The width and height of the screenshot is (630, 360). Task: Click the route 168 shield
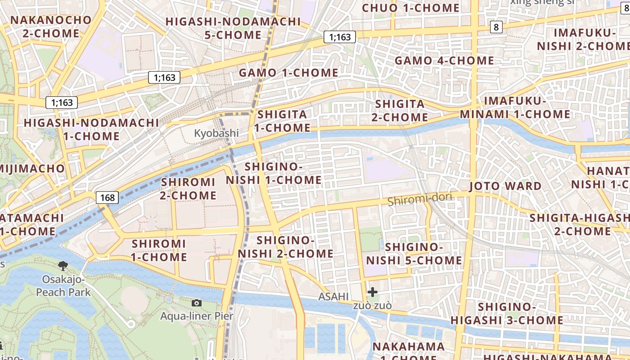coord(108,197)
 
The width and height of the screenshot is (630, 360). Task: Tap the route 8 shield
coord(496,27)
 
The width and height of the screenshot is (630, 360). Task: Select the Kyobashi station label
coord(216,133)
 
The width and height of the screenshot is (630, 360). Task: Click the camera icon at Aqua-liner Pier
coord(197,303)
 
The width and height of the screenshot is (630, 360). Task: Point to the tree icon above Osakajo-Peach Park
coord(63,266)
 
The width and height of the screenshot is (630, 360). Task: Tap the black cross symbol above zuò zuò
coord(373,292)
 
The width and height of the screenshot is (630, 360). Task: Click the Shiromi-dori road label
coord(419,199)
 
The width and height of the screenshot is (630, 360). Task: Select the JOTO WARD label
coord(505,186)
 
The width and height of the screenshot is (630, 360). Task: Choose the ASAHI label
coord(333,297)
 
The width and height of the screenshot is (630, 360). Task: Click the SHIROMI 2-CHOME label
coord(188,189)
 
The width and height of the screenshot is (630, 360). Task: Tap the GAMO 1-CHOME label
coord(288,73)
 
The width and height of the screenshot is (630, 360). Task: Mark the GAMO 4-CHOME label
coord(444,60)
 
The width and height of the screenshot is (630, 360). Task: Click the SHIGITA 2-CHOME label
coord(401,111)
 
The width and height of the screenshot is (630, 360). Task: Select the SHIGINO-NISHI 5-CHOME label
coord(414,254)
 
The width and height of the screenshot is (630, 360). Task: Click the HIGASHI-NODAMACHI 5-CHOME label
coord(233,28)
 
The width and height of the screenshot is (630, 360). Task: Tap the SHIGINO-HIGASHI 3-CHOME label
coord(507,314)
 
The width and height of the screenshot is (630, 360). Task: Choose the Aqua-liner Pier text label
coord(197,316)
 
